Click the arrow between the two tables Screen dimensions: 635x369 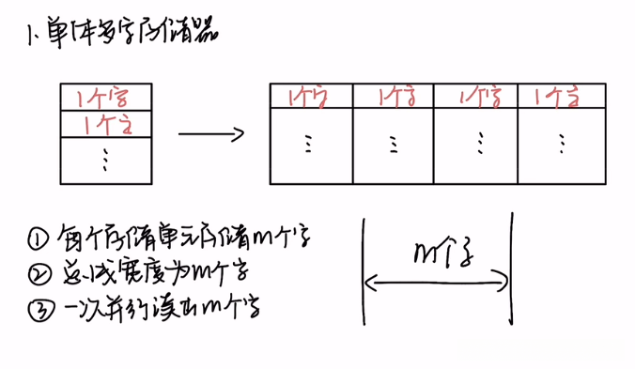(211, 134)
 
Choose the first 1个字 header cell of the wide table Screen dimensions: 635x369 (310, 96)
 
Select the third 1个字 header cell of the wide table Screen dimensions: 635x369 (477, 96)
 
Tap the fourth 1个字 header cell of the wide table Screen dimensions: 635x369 (559, 96)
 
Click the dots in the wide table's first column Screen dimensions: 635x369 (309, 144)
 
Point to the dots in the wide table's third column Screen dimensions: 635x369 (479, 144)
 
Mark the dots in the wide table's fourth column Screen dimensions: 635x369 (561, 144)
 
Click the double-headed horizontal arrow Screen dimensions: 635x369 (438, 279)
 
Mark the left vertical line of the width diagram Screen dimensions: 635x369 (363, 272)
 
